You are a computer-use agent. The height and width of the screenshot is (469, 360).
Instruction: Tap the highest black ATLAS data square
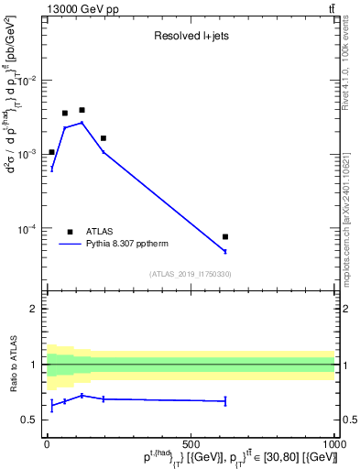coord(82,110)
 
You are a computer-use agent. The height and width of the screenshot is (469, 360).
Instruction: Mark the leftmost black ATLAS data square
coord(51,152)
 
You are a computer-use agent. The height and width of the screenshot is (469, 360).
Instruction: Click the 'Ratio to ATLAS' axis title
coord(14,365)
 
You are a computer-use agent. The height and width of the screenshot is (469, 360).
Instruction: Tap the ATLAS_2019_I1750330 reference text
coord(191,274)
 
